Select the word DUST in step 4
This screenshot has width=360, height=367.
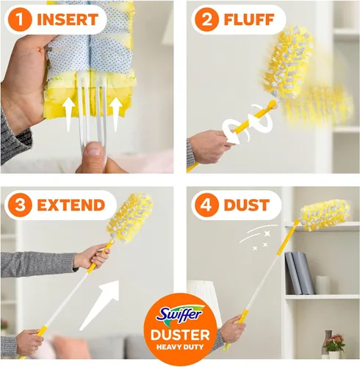click(x=248, y=205)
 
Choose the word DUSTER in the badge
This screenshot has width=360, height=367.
click(x=181, y=336)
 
